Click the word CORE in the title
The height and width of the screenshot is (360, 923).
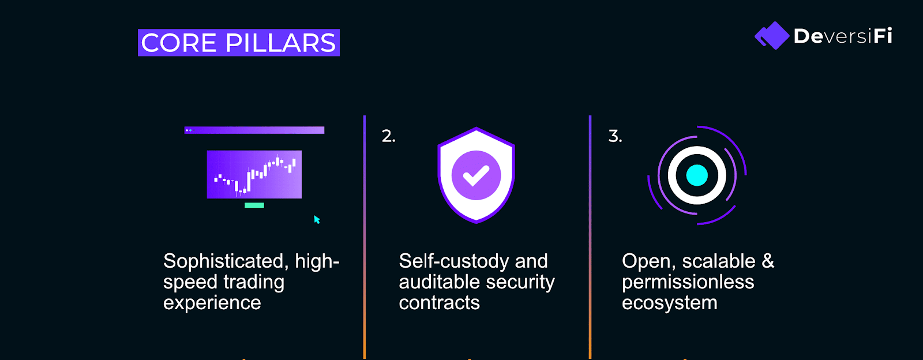(179, 43)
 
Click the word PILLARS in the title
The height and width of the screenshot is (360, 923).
(280, 43)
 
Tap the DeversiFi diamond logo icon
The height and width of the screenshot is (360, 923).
(772, 36)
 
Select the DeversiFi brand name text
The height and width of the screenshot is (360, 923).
(843, 36)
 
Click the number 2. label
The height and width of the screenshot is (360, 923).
(389, 136)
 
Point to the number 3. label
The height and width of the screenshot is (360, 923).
(615, 136)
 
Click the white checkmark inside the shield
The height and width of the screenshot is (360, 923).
(476, 175)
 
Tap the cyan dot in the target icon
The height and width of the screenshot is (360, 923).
(697, 175)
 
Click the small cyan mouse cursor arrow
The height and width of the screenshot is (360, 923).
(317, 220)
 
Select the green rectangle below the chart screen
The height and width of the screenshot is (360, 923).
(254, 205)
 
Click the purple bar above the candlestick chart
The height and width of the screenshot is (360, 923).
(254, 130)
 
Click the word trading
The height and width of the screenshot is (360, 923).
(254, 282)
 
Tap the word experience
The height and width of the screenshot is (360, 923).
(212, 303)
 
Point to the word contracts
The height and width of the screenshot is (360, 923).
(439, 303)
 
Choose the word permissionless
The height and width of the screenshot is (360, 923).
(688, 282)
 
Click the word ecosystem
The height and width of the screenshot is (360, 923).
(670, 303)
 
